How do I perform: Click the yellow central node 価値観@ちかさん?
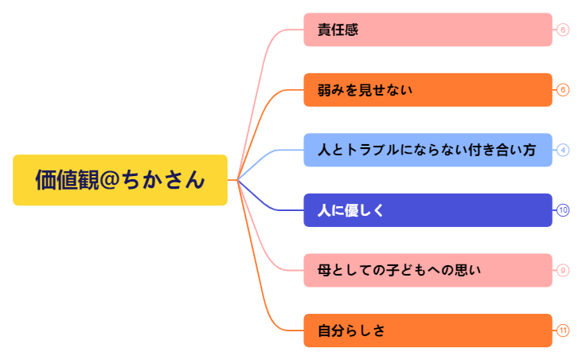(119, 180)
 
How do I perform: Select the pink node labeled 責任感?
(428, 30)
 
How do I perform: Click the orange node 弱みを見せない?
(428, 90)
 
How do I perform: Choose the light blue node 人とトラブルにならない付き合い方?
(428, 150)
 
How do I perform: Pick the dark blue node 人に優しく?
(428, 210)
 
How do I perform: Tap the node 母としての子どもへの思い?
(428, 270)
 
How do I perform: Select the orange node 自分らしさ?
(428, 331)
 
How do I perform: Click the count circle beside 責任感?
(563, 30)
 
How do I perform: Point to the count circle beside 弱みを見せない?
(563, 90)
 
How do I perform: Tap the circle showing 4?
(563, 150)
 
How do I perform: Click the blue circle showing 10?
(563, 210)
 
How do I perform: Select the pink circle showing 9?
(563, 270)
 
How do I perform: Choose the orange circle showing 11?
(563, 331)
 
